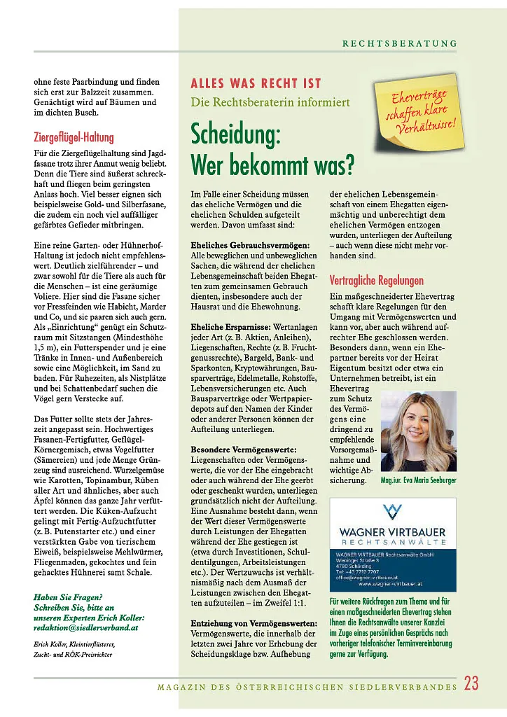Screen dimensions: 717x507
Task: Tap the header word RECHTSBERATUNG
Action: coord(400,43)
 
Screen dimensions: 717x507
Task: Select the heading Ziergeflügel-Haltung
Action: coord(74,137)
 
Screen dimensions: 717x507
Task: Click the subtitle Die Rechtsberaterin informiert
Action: coord(270,102)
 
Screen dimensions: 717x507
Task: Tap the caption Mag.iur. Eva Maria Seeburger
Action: coord(418,481)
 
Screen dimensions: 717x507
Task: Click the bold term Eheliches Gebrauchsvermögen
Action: coord(250,246)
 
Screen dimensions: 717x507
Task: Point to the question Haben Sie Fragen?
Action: coord(69,597)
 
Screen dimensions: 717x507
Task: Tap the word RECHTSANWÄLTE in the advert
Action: coord(393,542)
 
